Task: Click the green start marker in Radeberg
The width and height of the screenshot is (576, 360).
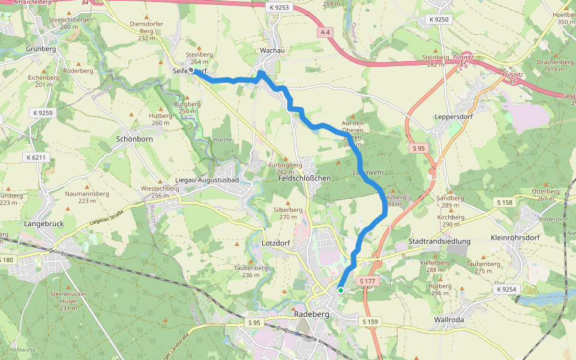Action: (x=340, y=290)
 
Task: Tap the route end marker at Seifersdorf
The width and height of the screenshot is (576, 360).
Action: (x=191, y=70)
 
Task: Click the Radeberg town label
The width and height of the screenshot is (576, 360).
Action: (x=313, y=314)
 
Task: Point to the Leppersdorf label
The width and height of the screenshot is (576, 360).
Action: (x=453, y=116)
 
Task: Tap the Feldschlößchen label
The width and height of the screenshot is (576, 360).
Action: (x=305, y=178)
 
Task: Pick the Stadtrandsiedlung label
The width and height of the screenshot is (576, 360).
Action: (x=439, y=241)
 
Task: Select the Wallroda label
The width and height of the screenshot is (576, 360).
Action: (x=449, y=320)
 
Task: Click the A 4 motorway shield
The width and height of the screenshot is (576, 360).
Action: (x=326, y=32)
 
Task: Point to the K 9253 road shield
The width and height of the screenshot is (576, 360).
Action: (x=278, y=7)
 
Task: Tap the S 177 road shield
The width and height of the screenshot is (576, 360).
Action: (x=368, y=281)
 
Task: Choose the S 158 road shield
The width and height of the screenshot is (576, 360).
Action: (x=505, y=203)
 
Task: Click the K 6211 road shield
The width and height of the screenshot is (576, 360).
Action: (x=35, y=157)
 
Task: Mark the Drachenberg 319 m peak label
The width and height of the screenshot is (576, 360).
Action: (x=551, y=65)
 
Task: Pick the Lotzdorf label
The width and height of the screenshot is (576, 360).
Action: (x=276, y=244)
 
